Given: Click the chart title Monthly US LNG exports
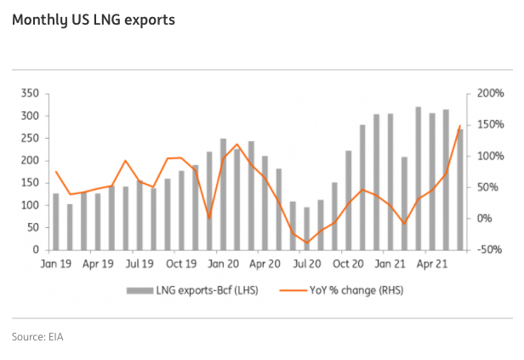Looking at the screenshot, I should point(94,19).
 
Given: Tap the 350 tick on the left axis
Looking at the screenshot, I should point(31,93).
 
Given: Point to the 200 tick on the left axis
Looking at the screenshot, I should point(31,160).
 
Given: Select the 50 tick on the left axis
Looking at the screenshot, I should point(34,227).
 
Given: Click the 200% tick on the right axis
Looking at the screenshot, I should point(489,93).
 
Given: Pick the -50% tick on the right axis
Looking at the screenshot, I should point(489,249).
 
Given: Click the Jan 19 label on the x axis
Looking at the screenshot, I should point(56,264).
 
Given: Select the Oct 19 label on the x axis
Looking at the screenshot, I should point(181,264).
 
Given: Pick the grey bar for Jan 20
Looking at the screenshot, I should point(223,194).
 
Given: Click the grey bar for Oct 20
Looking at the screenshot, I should point(348,200).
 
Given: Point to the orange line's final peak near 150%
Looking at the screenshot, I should point(459,127).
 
